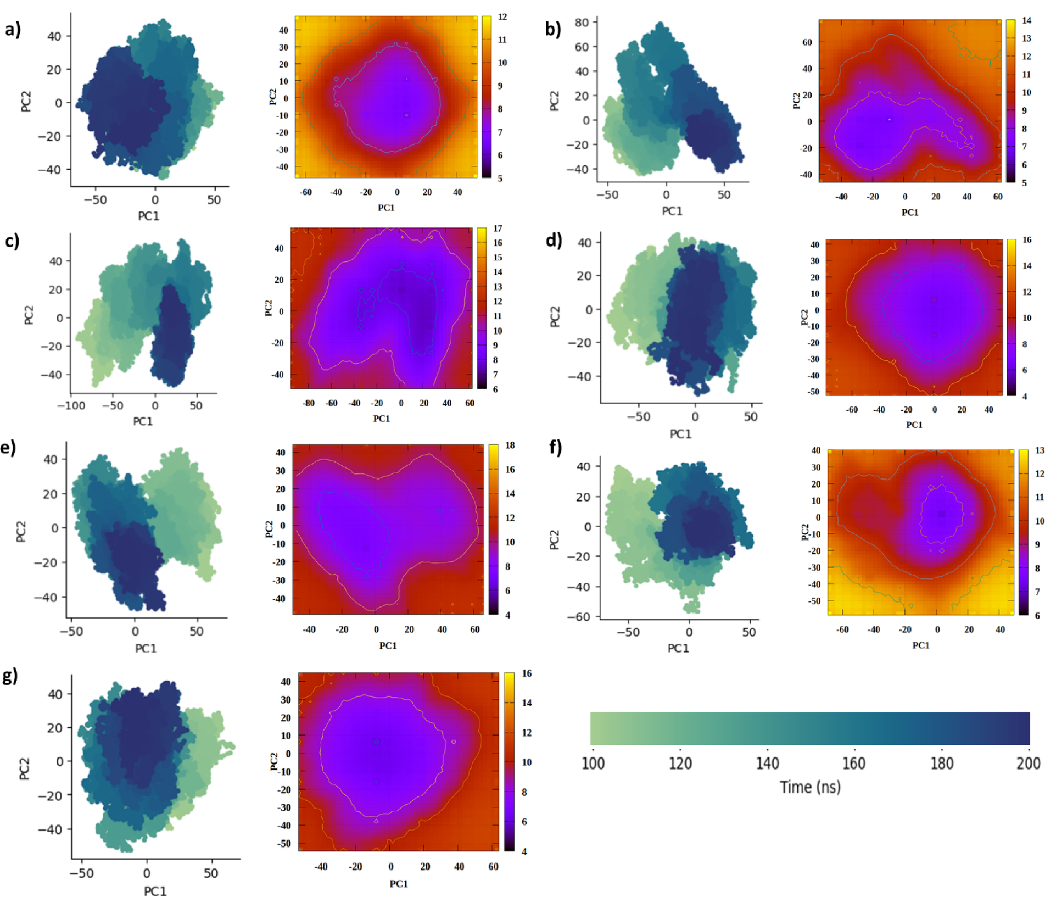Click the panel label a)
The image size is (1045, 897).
pyautogui.click(x=13, y=29)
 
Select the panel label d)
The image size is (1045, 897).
pyautogui.click(x=554, y=240)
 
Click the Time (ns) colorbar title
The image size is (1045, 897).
pyautogui.click(x=810, y=787)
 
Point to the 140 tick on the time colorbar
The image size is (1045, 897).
pyautogui.click(x=767, y=763)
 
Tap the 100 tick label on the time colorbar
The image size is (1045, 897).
pyautogui.click(x=593, y=763)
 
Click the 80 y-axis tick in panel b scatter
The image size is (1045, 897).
pyautogui.click(x=582, y=23)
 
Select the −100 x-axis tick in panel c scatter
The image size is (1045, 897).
pyautogui.click(x=71, y=405)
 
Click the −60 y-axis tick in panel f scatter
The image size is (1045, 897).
pyautogui.click(x=579, y=617)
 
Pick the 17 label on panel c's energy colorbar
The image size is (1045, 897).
pyautogui.click(x=498, y=229)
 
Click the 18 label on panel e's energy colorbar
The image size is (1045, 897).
pyautogui.click(x=510, y=445)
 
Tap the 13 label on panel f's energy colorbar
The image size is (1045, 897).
pyautogui.click(x=1040, y=450)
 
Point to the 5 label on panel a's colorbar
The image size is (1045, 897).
pyautogui.click(x=500, y=179)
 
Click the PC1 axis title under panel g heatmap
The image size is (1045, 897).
pyautogui.click(x=399, y=884)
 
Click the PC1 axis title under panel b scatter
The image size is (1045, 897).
pyautogui.click(x=672, y=211)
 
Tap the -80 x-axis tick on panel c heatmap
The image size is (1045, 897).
pyautogui.click(x=309, y=403)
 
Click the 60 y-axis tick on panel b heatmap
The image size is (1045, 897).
pyautogui.click(x=807, y=42)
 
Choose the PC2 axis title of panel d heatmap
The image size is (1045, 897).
pyautogui.click(x=804, y=317)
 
